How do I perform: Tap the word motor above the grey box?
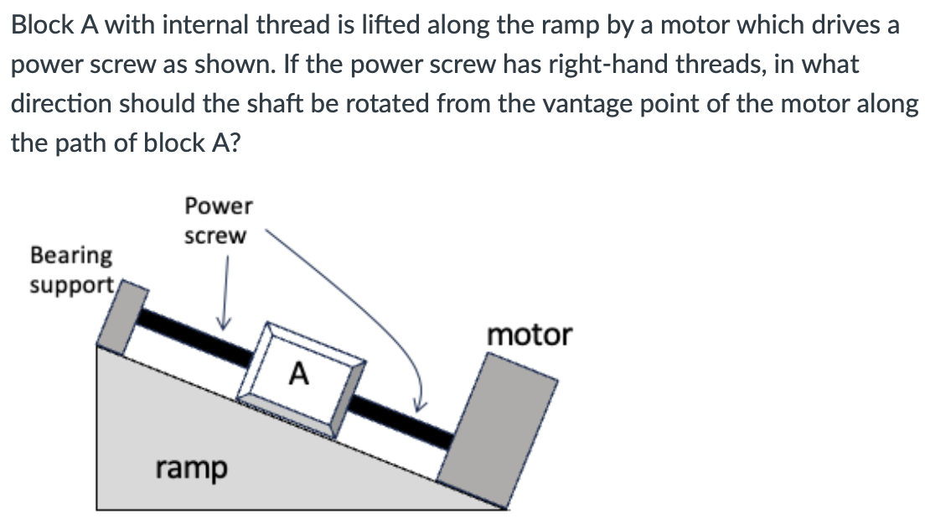530,335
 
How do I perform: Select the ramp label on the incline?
191,467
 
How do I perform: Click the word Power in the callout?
218,205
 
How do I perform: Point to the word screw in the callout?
215,236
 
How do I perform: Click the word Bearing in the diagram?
70,254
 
